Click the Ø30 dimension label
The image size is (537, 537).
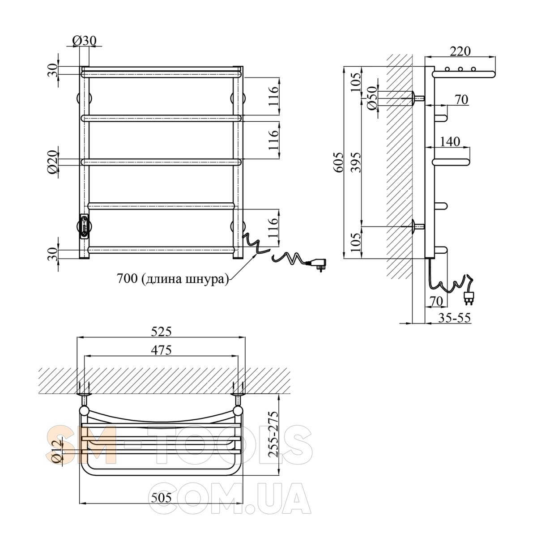[x=84, y=41]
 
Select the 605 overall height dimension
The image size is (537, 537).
[x=339, y=162]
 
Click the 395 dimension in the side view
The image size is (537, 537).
[x=356, y=162]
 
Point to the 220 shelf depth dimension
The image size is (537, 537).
[x=460, y=51]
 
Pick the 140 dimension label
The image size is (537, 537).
[x=450, y=141]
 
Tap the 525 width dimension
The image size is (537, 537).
[x=161, y=332]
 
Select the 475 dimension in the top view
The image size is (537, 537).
[x=161, y=350]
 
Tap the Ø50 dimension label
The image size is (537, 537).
[x=372, y=98]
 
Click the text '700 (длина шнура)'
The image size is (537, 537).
[x=172, y=278]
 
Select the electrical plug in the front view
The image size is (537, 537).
[x=316, y=264]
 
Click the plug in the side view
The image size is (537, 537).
[x=468, y=298]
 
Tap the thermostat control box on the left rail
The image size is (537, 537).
[x=84, y=226]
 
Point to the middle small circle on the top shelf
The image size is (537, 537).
[x=460, y=69]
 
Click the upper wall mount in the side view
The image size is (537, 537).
[x=417, y=98]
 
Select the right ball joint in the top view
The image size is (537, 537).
[x=238, y=411]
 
